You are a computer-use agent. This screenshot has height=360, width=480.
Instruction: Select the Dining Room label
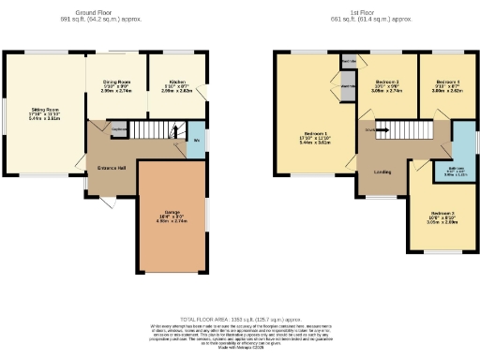(x=116, y=82)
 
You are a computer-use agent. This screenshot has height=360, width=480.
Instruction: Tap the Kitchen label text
(x=171, y=82)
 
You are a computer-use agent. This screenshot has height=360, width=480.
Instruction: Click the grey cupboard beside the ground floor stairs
(x=119, y=130)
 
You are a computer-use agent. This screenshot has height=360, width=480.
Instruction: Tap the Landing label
(x=382, y=172)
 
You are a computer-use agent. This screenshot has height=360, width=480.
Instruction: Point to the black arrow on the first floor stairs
(x=382, y=130)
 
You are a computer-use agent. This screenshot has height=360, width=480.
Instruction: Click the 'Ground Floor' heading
(x=114, y=11)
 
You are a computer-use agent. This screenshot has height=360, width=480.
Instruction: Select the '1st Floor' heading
(x=370, y=11)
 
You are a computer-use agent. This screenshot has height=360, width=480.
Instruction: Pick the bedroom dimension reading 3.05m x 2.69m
(x=441, y=224)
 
